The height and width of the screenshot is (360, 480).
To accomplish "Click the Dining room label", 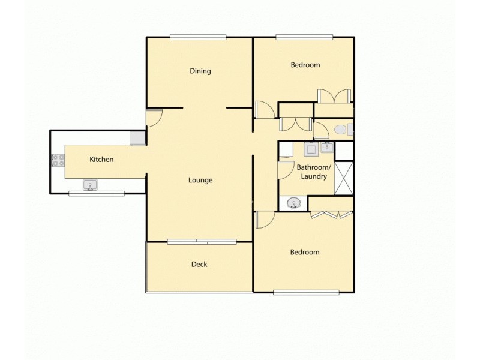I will coord(200,71).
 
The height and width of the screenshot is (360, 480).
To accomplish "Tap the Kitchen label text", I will coord(101,160).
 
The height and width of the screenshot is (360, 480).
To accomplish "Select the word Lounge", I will coord(200,180).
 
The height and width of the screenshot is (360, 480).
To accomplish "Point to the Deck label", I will coord(199,264).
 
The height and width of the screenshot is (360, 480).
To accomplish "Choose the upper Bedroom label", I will coord(305,65).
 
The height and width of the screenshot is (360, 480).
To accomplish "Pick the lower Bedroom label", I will coord(305,253).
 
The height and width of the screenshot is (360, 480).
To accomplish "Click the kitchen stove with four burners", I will coord(58,160).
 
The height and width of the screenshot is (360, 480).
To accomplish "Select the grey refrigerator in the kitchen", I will coord(137,138).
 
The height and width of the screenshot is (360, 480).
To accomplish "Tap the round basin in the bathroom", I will coord(294,203).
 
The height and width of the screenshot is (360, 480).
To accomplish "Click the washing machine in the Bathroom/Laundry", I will coord(311,149).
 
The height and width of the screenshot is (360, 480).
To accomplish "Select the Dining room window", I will coord(198,37).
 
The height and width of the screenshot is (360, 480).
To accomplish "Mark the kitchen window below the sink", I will coord(97,193).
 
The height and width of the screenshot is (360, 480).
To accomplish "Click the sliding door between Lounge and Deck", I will coord(202,242).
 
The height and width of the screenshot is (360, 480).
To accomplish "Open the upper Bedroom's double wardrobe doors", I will coord(334,96).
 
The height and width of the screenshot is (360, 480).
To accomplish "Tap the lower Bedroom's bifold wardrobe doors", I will coord(331,214).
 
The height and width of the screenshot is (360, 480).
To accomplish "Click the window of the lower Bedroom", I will coord(307,292).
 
